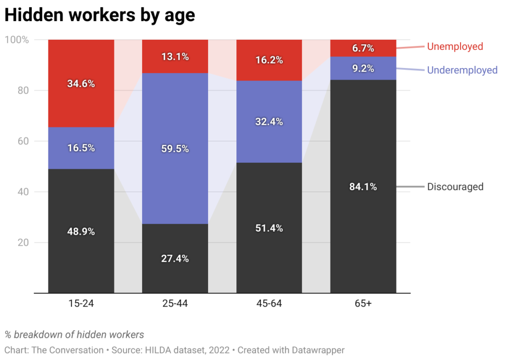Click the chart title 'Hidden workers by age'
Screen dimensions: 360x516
point(99,15)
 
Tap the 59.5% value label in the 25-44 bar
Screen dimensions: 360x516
point(175,149)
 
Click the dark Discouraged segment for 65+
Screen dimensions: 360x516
point(363,227)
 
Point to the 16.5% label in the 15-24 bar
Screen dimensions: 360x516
point(81,148)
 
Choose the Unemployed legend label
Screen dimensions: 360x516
point(455,47)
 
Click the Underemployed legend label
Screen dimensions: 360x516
point(462,70)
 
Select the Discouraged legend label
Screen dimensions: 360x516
point(455,187)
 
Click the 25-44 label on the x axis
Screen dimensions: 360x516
point(175,304)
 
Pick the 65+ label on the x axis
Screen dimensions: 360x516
point(363,304)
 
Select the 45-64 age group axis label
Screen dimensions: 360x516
point(269,304)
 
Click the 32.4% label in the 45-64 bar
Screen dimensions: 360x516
point(269,122)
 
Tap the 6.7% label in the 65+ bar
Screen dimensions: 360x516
point(363,48)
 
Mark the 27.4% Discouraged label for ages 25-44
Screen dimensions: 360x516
point(175,259)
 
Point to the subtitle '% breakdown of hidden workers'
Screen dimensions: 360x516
point(75,334)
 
